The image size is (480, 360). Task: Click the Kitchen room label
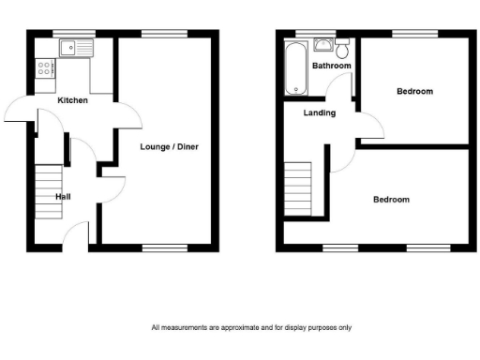coord(72,100)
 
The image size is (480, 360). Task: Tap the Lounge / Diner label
coord(169,146)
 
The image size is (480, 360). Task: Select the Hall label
coord(63,197)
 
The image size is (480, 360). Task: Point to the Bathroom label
coord(332,66)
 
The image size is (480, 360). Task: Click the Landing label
coord(319,113)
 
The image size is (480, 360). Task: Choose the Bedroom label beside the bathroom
coord(414,91)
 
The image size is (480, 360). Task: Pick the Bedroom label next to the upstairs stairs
coord(391,200)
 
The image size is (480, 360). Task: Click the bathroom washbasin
coord(323,44)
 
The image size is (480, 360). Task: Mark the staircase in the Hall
coord(48,193)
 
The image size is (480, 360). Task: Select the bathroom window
coord(303,34)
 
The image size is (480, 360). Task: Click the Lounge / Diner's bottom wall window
coord(156,247)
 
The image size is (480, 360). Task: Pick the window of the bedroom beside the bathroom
coord(406,34)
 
